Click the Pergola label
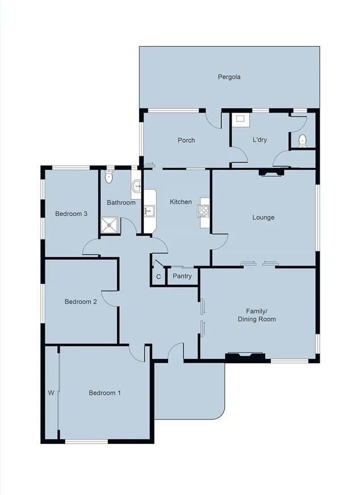click(229, 77)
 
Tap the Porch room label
click(186, 140)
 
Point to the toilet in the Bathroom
click(109, 177)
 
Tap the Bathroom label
click(121, 203)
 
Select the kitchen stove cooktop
click(203, 211)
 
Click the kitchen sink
click(148, 211)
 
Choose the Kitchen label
click(181, 202)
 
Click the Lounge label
click(263, 217)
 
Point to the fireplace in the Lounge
click(270, 173)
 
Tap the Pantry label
click(182, 276)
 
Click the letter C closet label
click(158, 277)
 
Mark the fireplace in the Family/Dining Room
click(245, 356)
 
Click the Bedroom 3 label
click(71, 214)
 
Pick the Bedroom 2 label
click(81, 302)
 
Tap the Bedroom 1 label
click(105, 393)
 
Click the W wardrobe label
click(51, 393)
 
